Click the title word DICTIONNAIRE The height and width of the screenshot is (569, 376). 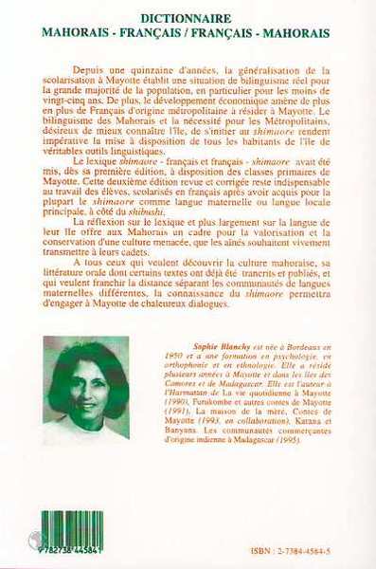pos(188,17)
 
